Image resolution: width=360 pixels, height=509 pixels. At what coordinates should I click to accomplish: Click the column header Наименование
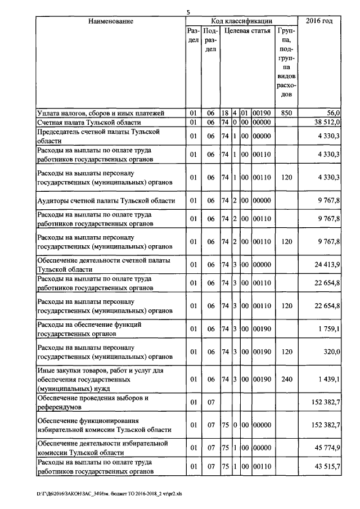click(110, 21)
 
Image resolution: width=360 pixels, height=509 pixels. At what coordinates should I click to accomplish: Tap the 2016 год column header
click(318, 21)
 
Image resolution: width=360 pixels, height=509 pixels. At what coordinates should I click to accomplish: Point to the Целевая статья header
click(247, 31)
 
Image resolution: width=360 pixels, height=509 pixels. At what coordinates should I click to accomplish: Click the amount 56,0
click(332, 113)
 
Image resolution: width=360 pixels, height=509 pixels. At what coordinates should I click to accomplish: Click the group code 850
click(287, 113)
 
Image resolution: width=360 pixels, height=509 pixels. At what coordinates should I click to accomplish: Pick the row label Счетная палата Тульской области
click(89, 122)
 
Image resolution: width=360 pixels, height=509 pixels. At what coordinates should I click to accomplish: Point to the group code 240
click(287, 380)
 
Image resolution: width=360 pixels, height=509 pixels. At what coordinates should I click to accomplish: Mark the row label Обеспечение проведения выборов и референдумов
click(92, 402)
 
